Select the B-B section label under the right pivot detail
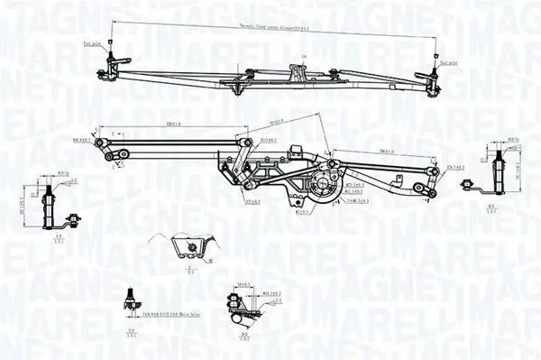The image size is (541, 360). point(493,208)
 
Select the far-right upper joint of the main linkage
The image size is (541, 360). point(441,170)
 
